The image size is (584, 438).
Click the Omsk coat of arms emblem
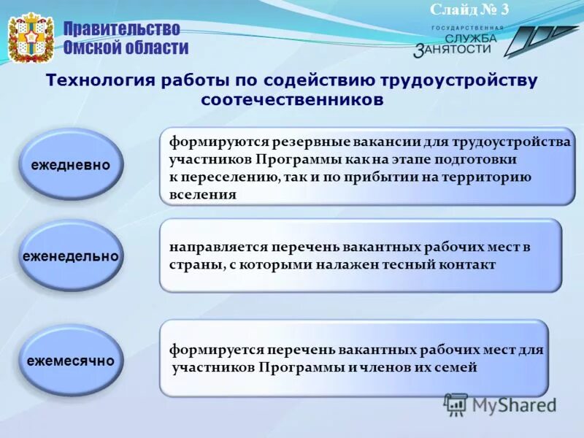tap(31, 38)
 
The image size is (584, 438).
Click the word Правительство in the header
tap(120, 29)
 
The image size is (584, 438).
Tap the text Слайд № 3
tap(469, 9)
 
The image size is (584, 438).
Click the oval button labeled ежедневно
tap(71, 165)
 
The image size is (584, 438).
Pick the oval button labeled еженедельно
tap(71, 256)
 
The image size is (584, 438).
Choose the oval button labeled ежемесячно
tap(71, 361)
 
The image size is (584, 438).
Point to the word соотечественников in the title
tap(291, 99)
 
